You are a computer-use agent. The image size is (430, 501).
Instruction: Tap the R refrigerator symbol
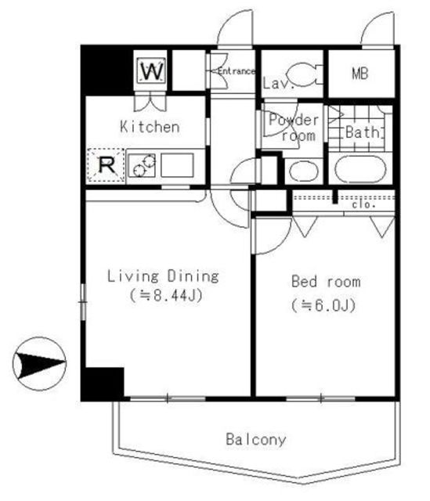coord(105,165)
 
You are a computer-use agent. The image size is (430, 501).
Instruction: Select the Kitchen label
coord(150,126)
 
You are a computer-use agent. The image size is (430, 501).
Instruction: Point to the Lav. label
coord(278,83)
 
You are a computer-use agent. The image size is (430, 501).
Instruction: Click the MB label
coord(360,74)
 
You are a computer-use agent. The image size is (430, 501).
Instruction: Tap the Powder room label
coord(294,128)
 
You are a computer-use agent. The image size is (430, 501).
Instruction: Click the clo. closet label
coord(363,204)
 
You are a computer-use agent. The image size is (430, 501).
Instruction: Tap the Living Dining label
coord(163,276)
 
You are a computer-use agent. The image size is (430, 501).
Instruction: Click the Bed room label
coord(326,282)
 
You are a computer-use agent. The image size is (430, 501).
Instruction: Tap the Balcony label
coord(256,439)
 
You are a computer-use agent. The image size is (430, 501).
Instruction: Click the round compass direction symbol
coord(38,365)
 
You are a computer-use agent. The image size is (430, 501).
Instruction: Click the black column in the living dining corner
coord(103,383)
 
